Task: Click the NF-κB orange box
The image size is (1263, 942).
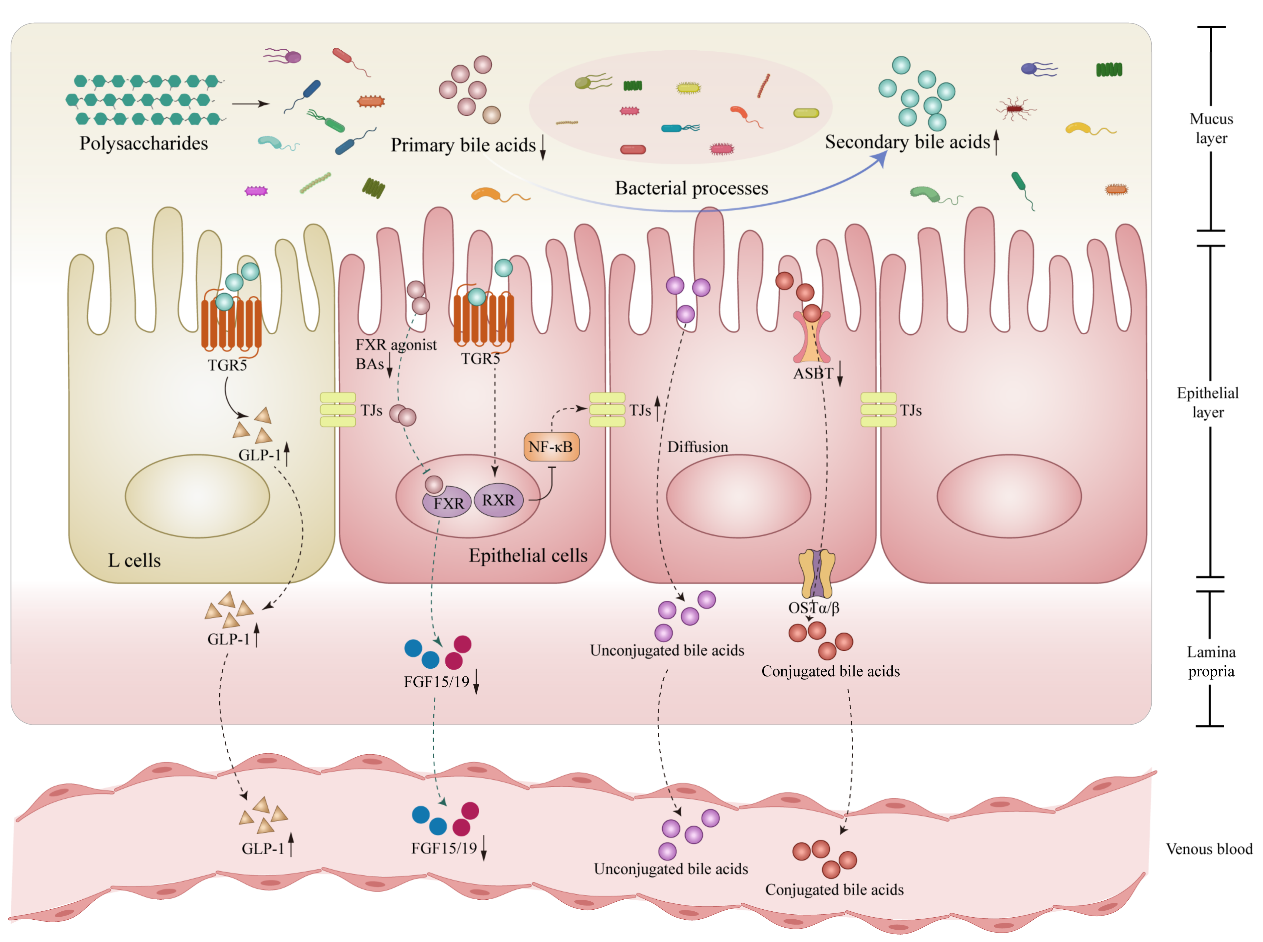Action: pyautogui.click(x=551, y=446)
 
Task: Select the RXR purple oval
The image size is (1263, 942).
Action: pyautogui.click(x=498, y=500)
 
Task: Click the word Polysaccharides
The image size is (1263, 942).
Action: pyautogui.click(x=143, y=143)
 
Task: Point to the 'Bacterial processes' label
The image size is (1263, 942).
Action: pyautogui.click(x=691, y=188)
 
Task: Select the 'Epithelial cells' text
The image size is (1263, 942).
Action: pyautogui.click(x=528, y=555)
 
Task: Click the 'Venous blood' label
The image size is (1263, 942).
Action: pyautogui.click(x=1208, y=849)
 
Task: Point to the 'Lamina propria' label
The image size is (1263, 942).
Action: pyautogui.click(x=1211, y=662)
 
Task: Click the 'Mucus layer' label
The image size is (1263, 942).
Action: pyautogui.click(x=1211, y=128)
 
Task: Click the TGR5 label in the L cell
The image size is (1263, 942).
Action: pyautogui.click(x=227, y=365)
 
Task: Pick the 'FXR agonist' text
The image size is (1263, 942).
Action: pyautogui.click(x=396, y=344)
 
